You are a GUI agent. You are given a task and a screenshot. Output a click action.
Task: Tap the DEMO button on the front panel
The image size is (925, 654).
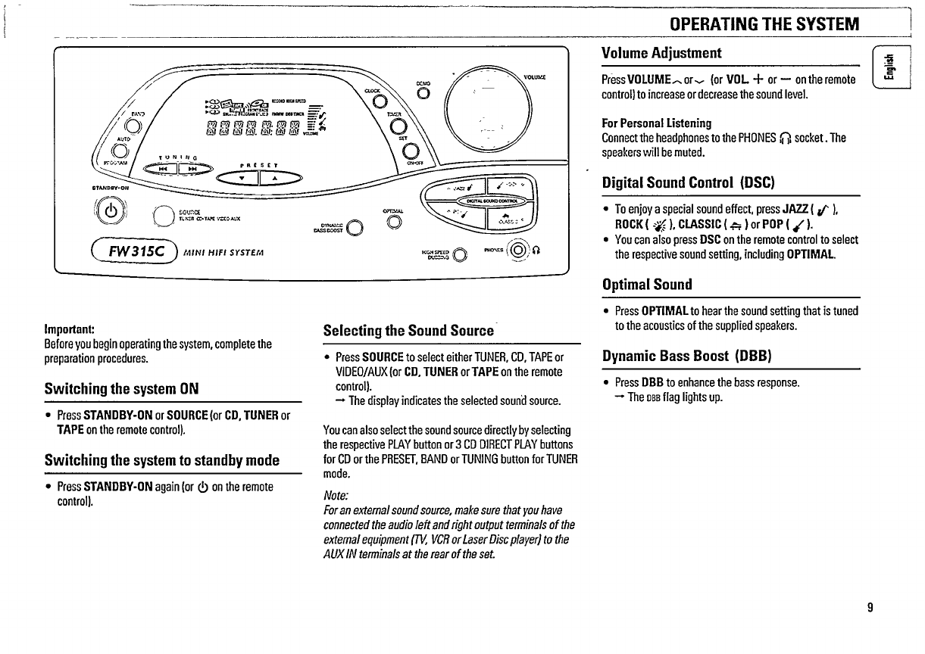423,93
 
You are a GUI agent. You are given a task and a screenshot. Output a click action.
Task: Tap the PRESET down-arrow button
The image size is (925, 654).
242,179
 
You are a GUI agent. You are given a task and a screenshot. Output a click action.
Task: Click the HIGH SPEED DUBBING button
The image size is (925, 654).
458,254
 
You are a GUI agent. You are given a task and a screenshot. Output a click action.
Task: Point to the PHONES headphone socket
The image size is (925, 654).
519,250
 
